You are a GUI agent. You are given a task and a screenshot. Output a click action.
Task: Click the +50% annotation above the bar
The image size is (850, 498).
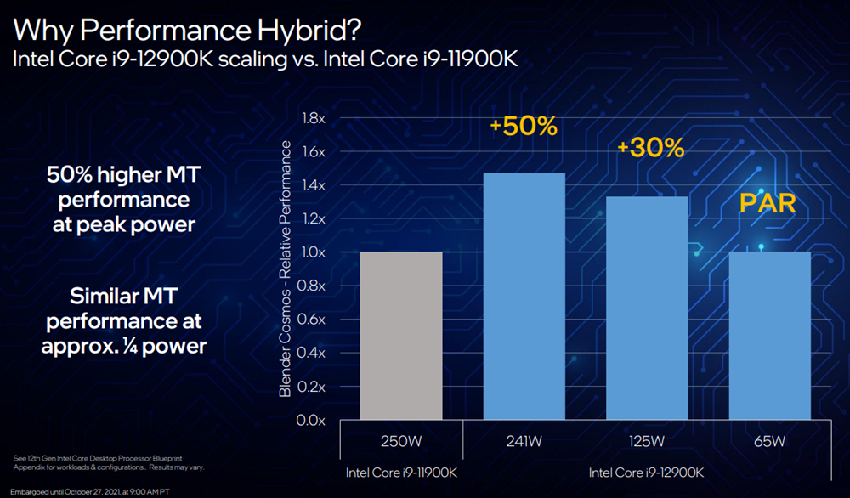pyautogui.click(x=523, y=127)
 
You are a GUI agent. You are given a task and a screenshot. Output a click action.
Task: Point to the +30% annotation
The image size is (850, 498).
pyautogui.click(x=650, y=148)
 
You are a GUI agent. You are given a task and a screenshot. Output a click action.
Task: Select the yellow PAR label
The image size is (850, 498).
pyautogui.click(x=767, y=205)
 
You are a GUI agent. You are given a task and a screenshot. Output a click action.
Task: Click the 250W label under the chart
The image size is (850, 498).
pyautogui.click(x=401, y=442)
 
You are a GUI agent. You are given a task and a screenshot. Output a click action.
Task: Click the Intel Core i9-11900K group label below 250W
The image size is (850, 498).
pyautogui.click(x=401, y=472)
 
